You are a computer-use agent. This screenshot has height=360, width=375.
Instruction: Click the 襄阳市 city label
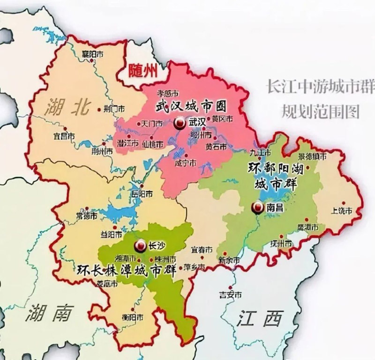pos(92,54)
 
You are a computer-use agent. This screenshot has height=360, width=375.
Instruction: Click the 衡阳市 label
pos(133,317)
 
